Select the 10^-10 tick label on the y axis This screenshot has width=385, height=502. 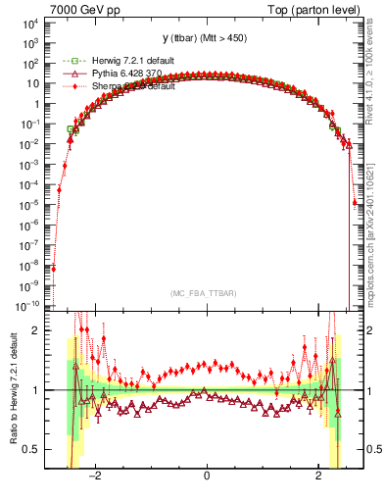[29, 306]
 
